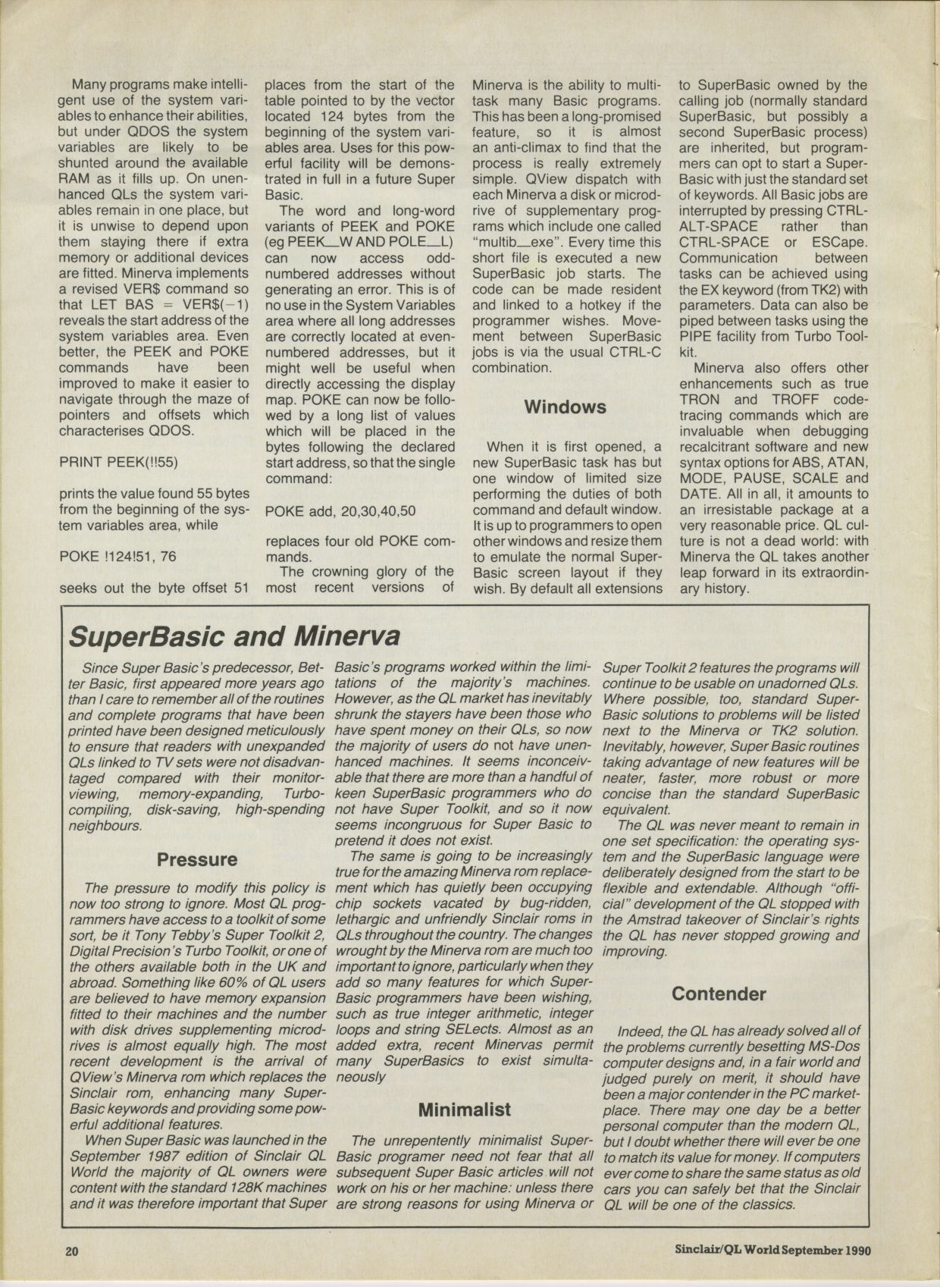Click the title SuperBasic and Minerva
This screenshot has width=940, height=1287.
pos(234,636)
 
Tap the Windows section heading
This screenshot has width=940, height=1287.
pos(565,407)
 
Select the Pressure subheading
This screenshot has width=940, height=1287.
pos(197,860)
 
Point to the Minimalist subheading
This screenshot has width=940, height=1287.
pos(465,1110)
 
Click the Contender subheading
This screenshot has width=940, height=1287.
pos(719,994)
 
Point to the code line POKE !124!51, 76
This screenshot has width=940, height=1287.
pos(117,556)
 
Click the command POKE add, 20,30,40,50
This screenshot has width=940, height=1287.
pos(340,510)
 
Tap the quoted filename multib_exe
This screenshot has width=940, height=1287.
pos(515,242)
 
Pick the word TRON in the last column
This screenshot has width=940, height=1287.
pos(700,399)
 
